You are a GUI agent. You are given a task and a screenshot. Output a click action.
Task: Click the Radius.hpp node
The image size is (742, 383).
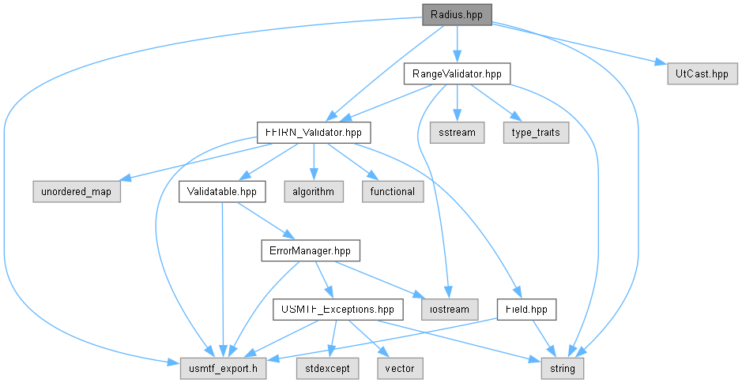click(457, 15)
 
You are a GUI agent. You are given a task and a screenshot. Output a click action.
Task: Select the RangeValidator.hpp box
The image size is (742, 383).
click(457, 73)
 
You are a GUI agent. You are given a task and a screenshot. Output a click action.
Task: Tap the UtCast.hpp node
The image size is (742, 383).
click(702, 73)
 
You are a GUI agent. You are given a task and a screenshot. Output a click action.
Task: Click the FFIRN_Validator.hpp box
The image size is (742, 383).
click(313, 133)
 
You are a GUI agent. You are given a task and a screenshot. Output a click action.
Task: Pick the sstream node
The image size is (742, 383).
click(457, 133)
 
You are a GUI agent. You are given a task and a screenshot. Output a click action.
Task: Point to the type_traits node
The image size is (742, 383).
click(536, 133)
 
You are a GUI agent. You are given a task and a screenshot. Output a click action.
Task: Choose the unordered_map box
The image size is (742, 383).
click(76, 191)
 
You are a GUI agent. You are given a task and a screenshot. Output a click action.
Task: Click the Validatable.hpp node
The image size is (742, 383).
click(222, 191)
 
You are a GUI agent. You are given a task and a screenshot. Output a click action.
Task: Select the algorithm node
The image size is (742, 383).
click(313, 191)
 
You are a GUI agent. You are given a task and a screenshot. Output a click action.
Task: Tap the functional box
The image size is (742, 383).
click(392, 191)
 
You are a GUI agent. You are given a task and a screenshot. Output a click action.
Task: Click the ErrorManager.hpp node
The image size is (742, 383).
click(310, 250)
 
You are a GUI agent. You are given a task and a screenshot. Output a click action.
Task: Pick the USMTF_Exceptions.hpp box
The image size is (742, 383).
click(338, 310)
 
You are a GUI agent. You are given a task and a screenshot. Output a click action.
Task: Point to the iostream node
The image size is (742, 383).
click(450, 310)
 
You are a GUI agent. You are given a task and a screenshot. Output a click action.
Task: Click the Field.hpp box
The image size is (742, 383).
click(526, 310)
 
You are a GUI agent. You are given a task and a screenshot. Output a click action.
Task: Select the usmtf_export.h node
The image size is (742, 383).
click(223, 368)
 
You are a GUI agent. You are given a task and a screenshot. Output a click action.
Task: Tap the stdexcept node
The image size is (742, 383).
click(327, 368)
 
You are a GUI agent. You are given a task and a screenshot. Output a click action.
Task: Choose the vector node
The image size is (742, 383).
click(400, 368)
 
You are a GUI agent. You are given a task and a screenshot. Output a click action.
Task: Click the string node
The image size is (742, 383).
click(563, 368)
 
